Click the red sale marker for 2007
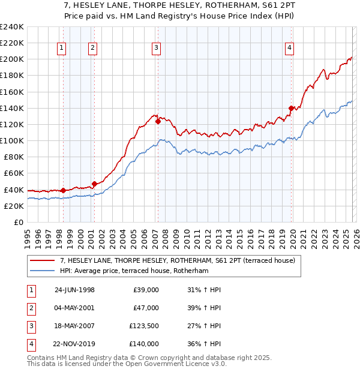click(x=158, y=121)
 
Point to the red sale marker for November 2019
click(x=291, y=108)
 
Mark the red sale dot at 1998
click(x=63, y=190)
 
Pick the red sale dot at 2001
click(x=94, y=184)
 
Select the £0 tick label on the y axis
click(x=18, y=222)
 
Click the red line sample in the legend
click(x=43, y=261)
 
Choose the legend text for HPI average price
click(x=133, y=271)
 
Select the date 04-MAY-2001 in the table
click(x=74, y=308)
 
